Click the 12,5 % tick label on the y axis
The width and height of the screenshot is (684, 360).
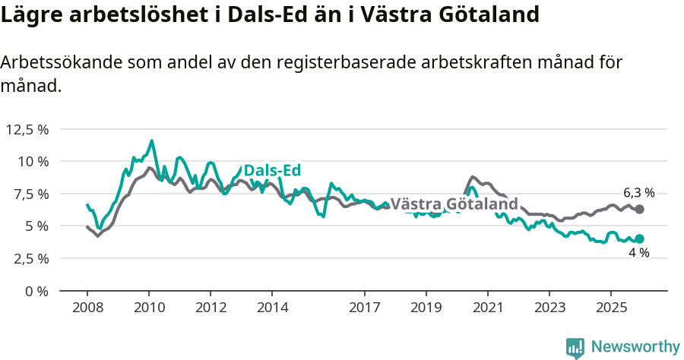(27, 129)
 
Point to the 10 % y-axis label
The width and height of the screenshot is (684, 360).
(33, 161)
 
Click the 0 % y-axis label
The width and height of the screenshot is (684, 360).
(37, 291)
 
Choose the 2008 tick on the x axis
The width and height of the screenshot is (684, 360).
(87, 308)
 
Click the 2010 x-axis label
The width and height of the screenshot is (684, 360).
(149, 308)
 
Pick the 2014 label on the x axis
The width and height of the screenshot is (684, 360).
(272, 308)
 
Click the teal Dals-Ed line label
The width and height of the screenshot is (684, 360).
(273, 171)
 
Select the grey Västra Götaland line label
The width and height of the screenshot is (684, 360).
(454, 204)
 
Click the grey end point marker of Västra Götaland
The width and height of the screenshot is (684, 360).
(639, 209)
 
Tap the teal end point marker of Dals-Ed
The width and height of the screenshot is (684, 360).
(639, 238)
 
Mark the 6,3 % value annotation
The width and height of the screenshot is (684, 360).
(638, 193)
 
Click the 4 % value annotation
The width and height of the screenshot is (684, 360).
(638, 253)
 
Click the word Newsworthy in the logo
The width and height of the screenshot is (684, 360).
(635, 347)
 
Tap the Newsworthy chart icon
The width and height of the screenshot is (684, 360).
(575, 348)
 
